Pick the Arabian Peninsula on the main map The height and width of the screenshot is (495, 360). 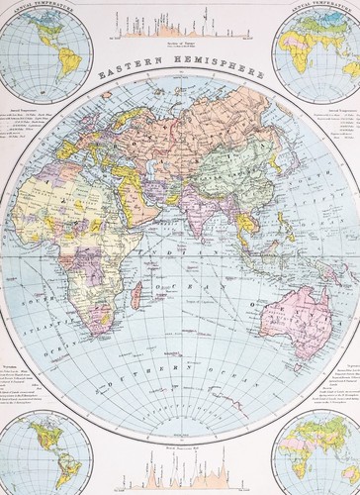pos(137,203)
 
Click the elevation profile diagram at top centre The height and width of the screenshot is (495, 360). pos(179,25)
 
